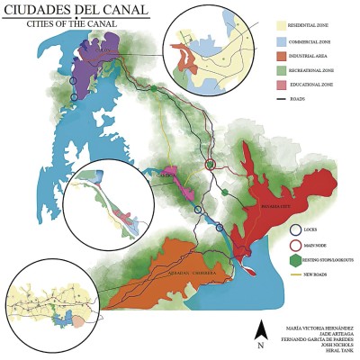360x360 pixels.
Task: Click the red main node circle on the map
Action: click(x=210, y=166)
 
